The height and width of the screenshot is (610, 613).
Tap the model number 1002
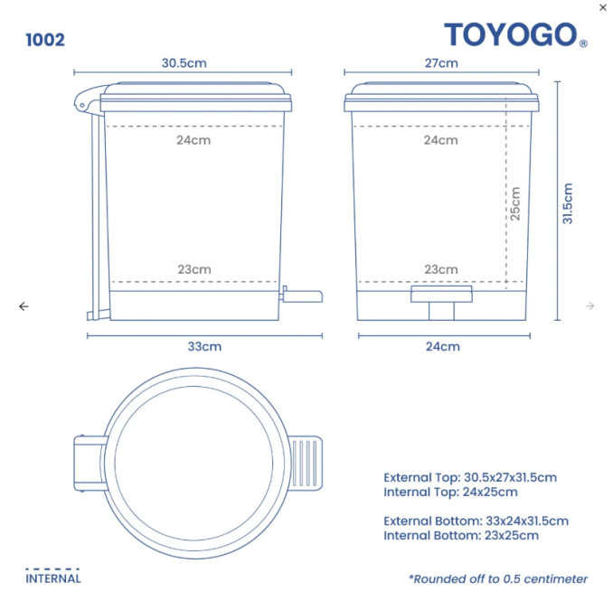45,40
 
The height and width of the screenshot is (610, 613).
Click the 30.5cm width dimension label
184,63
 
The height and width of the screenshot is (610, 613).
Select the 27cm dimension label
441,63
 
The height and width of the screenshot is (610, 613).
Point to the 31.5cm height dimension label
568,203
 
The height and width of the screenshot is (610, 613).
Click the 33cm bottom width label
204,346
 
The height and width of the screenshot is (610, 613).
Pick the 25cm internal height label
515,203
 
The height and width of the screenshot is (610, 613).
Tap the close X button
603,7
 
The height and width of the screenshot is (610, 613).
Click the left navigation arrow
24,306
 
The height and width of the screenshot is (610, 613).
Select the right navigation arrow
589,306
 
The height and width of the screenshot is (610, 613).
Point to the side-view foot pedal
303,296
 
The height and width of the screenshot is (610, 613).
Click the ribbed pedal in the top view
306,464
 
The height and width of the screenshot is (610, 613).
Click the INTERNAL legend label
53,578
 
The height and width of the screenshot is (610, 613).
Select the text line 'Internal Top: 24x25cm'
450,493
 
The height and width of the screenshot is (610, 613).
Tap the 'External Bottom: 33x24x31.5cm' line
476,521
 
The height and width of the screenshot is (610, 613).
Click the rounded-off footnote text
497,578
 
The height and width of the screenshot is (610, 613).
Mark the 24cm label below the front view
441,346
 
